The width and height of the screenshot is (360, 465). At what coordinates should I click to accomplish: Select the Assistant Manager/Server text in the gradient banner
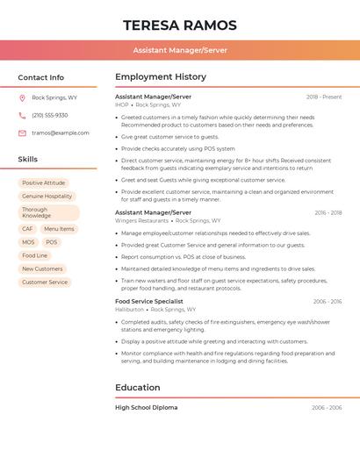point(180,50)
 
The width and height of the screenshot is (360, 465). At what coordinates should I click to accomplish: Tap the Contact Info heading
point(41,77)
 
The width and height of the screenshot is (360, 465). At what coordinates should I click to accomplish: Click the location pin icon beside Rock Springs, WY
point(22,97)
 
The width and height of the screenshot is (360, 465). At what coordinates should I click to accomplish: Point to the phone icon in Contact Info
point(22,115)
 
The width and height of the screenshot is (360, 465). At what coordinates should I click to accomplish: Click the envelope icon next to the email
point(22,133)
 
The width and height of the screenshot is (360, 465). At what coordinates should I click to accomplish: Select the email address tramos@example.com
point(60,133)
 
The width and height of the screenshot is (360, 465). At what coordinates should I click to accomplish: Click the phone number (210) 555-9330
point(50,115)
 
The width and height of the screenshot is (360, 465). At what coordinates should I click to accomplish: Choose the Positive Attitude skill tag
point(44,182)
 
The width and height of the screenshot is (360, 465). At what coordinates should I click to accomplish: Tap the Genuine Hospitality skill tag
point(47,197)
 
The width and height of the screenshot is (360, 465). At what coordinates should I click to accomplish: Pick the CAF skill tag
point(28,229)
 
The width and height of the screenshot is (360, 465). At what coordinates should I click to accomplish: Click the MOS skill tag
point(29,242)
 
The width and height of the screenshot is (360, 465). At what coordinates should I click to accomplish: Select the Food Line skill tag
point(35,255)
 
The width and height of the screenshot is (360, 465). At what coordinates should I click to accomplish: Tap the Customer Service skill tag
point(45,283)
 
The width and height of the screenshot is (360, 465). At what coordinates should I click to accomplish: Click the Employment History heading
point(161,77)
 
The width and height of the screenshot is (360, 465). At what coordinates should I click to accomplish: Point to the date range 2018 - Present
point(324,97)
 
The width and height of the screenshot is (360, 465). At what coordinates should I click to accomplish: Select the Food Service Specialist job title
point(149,301)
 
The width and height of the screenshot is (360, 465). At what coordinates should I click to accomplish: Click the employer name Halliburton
point(129,310)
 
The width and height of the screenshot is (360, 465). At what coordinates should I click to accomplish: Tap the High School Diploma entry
point(147,408)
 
